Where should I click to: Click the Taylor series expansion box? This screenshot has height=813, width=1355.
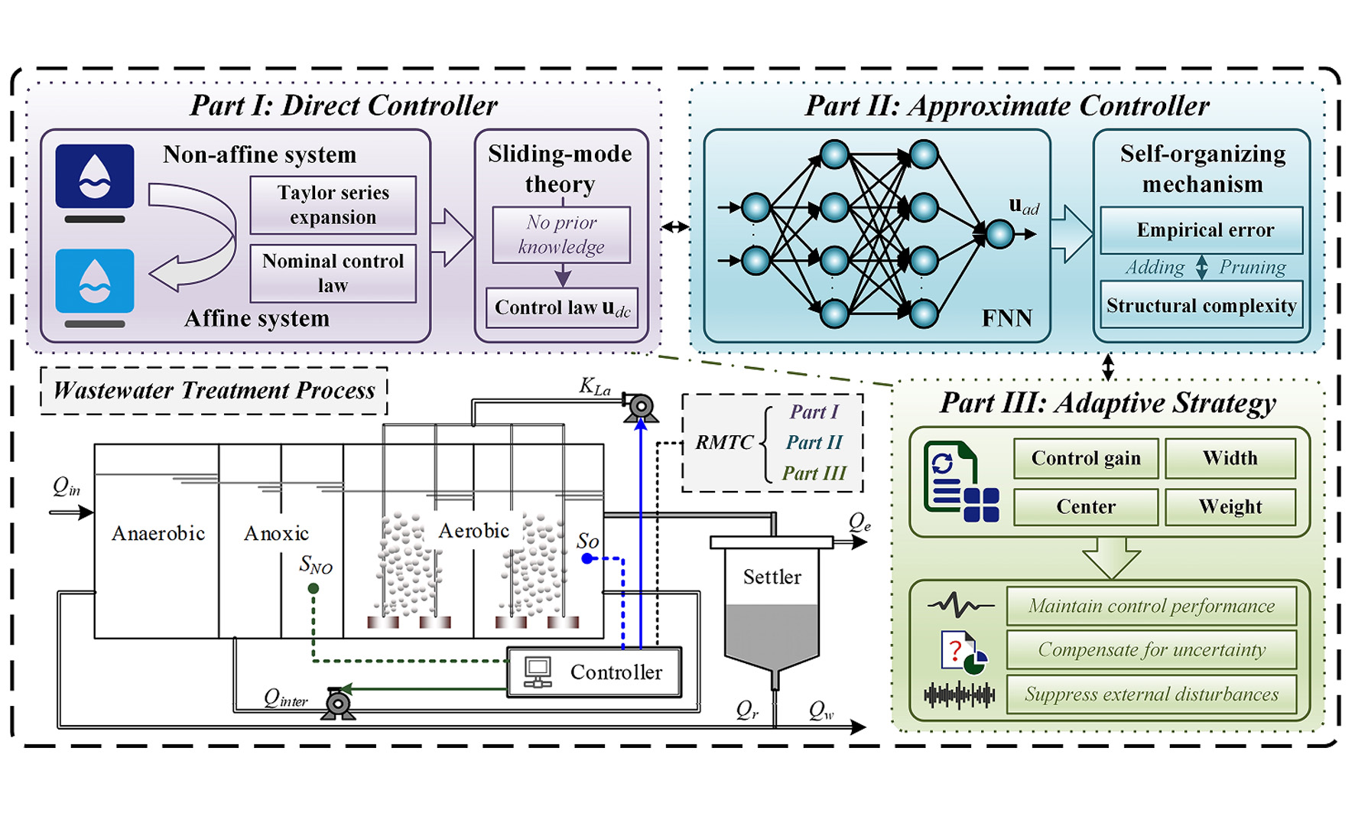pyautogui.click(x=333, y=205)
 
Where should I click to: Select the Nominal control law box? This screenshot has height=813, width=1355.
pyautogui.click(x=333, y=273)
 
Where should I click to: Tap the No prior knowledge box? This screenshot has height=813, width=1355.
pyautogui.click(x=561, y=235)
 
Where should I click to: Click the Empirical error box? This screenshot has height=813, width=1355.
pyautogui.click(x=1201, y=230)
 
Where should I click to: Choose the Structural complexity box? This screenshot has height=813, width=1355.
pyautogui.click(x=1201, y=305)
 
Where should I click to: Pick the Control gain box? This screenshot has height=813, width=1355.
pyautogui.click(x=1086, y=458)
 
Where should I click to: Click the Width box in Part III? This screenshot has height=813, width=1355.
pyautogui.click(x=1230, y=458)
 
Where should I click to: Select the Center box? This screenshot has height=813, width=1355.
pyautogui.click(x=1086, y=506)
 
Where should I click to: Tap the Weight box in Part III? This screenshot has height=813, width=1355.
pyautogui.click(x=1230, y=506)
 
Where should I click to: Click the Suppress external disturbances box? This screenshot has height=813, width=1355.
pyautogui.click(x=1152, y=694)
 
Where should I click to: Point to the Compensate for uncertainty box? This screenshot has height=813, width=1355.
pyautogui.click(x=1152, y=649)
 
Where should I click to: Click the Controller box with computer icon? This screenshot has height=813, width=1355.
pyautogui.click(x=594, y=672)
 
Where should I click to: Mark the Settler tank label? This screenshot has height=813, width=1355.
pyautogui.click(x=772, y=577)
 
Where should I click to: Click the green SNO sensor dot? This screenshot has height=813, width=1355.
pyautogui.click(x=314, y=588)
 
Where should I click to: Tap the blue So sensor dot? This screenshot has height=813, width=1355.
pyautogui.click(x=587, y=558)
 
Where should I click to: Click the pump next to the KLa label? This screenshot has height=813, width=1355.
pyautogui.click(x=640, y=407)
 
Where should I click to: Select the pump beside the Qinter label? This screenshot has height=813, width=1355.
pyautogui.click(x=338, y=704)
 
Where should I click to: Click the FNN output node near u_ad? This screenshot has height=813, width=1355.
pyautogui.click(x=999, y=234)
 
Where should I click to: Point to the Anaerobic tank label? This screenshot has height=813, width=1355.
pyautogui.click(x=158, y=533)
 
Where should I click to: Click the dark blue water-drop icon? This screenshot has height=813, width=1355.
pyautogui.click(x=95, y=176)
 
